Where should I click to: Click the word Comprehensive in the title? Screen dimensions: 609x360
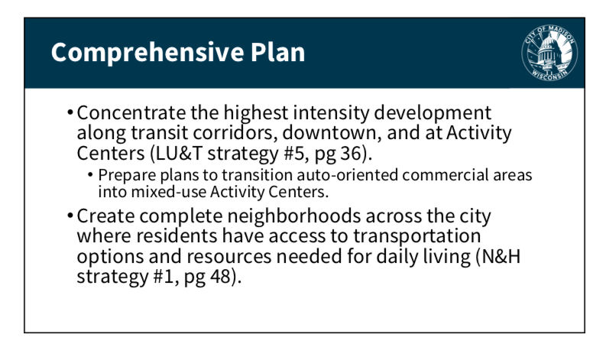148,53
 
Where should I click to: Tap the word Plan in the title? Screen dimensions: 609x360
277,52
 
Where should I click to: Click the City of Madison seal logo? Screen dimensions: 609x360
549,53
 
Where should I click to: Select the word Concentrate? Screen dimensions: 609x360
131,113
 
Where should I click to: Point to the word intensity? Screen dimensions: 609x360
332,113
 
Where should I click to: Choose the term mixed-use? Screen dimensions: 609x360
169,192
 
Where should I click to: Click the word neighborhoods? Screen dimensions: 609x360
293,216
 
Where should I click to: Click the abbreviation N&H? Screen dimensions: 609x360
500,257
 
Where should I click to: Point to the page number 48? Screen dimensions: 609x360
221,277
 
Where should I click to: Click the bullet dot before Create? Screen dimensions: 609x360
70,216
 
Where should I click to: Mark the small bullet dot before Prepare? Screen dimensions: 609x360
90,175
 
